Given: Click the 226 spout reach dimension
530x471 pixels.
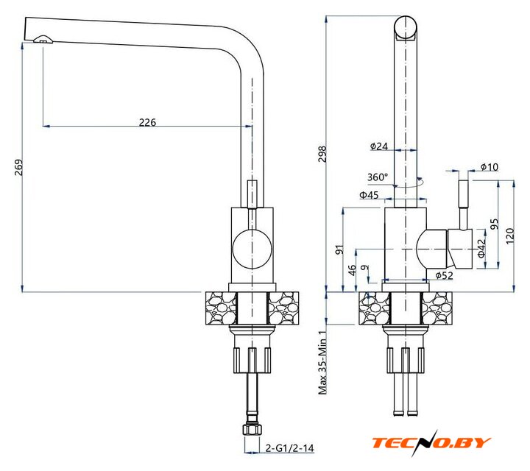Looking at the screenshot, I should pos(148,123).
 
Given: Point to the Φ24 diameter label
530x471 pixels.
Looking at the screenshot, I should pos(378,146).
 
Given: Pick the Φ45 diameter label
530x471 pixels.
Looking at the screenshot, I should pos(369,195).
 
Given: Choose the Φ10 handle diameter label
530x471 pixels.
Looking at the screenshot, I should pos(489,167).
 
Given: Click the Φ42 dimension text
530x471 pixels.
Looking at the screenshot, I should pos(481,248).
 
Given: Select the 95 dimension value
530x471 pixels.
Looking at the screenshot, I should pos(495,224).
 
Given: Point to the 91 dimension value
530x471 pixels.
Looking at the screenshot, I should pos(339,249).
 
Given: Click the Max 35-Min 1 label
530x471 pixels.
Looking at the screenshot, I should pos(322,361).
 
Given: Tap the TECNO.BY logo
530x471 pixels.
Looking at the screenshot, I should pos(431,442).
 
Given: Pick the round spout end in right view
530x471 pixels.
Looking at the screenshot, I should pos(407,27).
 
